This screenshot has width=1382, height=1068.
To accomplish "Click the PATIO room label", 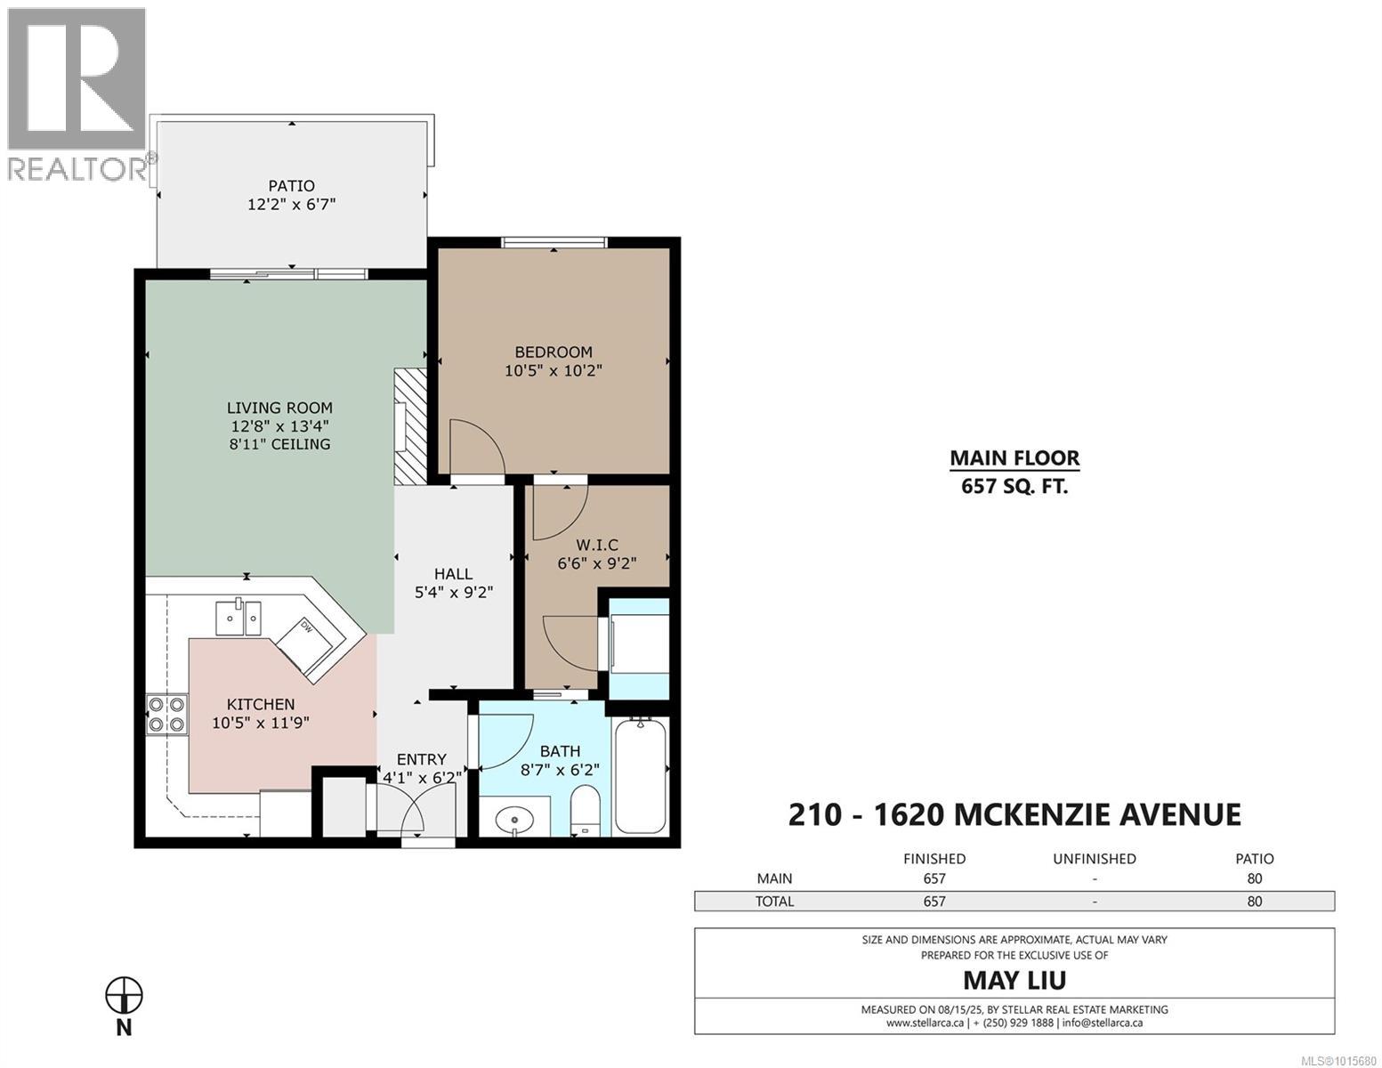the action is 291,186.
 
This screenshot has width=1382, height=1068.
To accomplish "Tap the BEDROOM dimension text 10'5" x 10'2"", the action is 554,370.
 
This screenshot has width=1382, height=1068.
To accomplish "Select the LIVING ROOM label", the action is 279,408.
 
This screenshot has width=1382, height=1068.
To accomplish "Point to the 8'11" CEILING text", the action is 279,444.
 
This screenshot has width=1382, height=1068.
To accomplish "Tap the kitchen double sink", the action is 238,618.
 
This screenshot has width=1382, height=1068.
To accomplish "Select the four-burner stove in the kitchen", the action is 166,715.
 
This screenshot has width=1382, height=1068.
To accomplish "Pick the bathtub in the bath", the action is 641,775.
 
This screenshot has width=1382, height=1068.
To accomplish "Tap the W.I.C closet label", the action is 597,545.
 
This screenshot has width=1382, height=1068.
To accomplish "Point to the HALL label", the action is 454,574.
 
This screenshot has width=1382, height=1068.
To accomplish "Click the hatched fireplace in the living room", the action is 410,427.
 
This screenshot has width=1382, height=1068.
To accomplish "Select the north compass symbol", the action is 124,996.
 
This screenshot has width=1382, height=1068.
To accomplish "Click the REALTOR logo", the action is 77,94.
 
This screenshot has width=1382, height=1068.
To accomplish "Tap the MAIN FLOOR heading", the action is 1014,458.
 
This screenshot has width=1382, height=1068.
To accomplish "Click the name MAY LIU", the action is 1014,980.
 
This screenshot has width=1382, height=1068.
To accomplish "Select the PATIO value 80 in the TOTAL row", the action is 1254,902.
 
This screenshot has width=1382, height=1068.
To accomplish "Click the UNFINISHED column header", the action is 1095,859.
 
